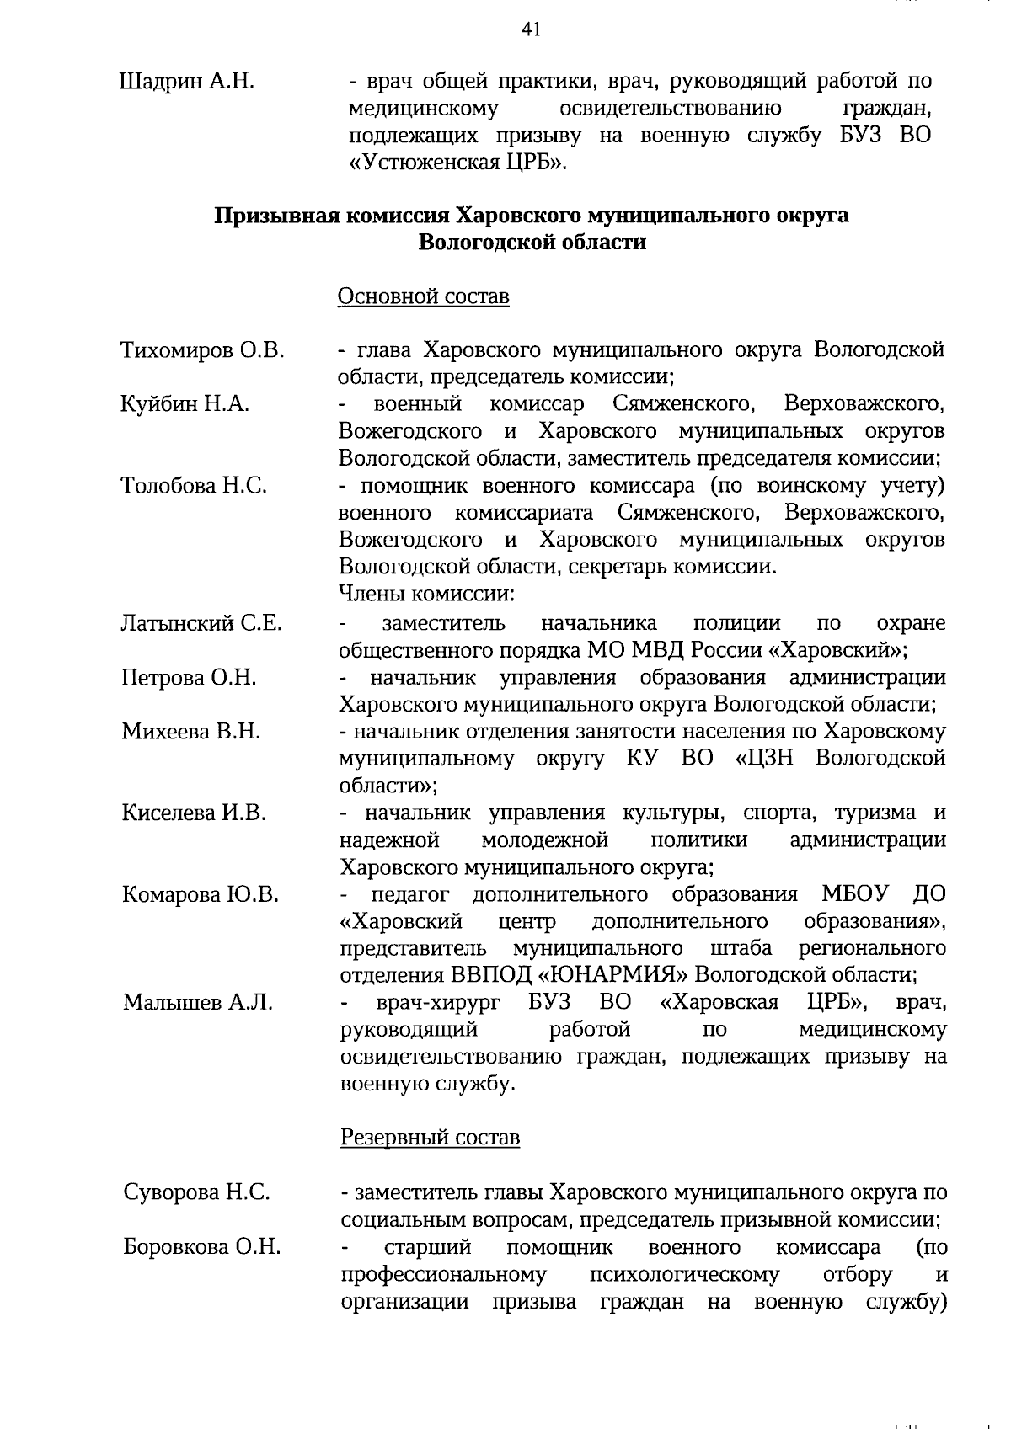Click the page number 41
(x=530, y=30)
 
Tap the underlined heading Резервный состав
(x=430, y=1138)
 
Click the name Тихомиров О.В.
(x=202, y=349)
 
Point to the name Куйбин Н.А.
(x=185, y=404)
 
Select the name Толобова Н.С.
(x=194, y=486)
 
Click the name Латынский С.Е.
(x=201, y=624)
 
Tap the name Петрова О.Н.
(x=190, y=678)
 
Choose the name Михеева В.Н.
(x=191, y=732)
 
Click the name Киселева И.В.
(x=194, y=813)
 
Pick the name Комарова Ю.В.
(x=200, y=894)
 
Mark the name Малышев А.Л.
(x=197, y=1003)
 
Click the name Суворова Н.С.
(x=196, y=1192)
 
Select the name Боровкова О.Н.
(x=201, y=1247)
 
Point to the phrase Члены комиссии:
(x=426, y=594)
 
